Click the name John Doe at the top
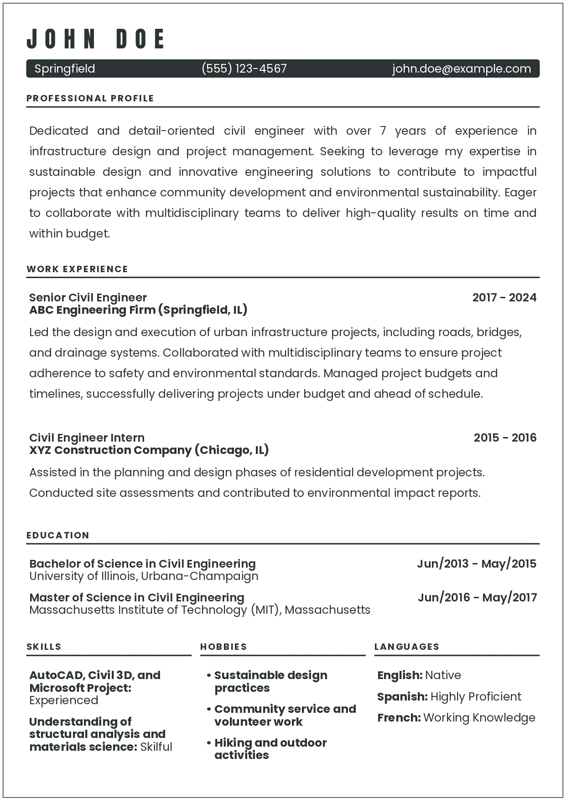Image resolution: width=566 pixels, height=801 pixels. [x=96, y=39]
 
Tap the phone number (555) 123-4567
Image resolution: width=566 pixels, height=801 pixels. [x=244, y=69]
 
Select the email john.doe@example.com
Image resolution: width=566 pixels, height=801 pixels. [x=461, y=69]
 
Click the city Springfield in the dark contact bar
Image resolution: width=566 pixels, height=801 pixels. [x=65, y=69]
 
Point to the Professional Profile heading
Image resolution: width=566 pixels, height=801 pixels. [x=90, y=98]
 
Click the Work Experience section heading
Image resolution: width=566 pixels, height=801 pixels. [x=77, y=269]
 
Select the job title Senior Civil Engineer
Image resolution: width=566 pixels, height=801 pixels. [x=88, y=297]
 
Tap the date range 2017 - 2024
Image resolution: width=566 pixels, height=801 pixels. [x=504, y=297]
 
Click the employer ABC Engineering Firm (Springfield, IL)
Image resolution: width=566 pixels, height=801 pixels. [x=138, y=310]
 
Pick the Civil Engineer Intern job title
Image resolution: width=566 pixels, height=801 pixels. [x=87, y=437]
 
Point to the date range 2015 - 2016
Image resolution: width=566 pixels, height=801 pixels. [x=505, y=437]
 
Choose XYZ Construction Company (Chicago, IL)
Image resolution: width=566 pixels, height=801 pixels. [x=149, y=450]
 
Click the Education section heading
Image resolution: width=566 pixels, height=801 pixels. [x=58, y=535]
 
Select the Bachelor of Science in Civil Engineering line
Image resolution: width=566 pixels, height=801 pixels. [x=142, y=564]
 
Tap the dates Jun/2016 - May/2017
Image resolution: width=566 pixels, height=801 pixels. [x=477, y=597]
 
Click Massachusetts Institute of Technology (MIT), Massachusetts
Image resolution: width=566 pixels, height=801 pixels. [x=200, y=610]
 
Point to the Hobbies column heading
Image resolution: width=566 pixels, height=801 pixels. [x=223, y=647]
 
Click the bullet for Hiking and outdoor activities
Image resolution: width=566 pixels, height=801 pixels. [x=208, y=743]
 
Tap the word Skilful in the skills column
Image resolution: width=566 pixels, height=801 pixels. [x=156, y=747]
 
